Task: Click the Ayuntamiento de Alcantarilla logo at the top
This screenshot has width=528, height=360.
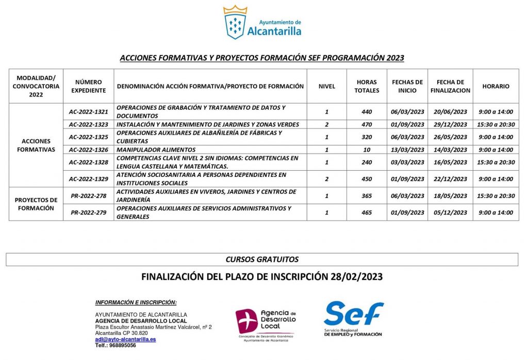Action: click(x=262, y=23)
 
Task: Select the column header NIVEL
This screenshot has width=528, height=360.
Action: click(x=326, y=86)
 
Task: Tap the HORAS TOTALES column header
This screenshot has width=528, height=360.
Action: click(x=367, y=86)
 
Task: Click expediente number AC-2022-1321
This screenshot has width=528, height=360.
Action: click(x=88, y=112)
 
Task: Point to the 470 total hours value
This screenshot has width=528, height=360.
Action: click(x=367, y=124)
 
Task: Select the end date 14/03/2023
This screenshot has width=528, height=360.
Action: click(x=450, y=150)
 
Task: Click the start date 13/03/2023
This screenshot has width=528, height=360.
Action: click(x=407, y=150)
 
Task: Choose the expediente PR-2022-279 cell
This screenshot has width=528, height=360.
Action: click(x=88, y=212)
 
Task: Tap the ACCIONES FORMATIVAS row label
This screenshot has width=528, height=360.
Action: click(x=36, y=145)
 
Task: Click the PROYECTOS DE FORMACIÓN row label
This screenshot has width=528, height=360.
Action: click(x=36, y=204)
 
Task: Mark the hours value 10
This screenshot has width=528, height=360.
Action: click(x=367, y=150)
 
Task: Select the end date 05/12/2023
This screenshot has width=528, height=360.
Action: click(x=450, y=212)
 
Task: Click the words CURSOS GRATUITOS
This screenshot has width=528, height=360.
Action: click(x=262, y=259)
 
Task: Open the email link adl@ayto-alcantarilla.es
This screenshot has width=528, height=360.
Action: click(x=125, y=339)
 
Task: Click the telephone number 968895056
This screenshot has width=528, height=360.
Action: click(x=123, y=346)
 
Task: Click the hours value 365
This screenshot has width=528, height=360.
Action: click(x=367, y=196)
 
